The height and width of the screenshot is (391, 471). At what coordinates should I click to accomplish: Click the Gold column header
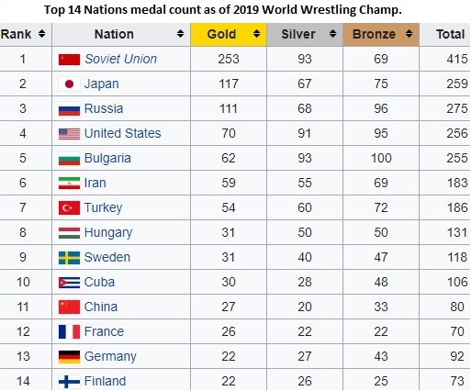[x=222, y=34]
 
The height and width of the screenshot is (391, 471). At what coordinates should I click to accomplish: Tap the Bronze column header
[x=380, y=34]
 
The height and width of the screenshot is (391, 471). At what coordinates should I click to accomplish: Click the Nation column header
[x=114, y=34]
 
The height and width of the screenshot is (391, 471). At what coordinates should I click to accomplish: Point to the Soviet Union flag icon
[x=69, y=60]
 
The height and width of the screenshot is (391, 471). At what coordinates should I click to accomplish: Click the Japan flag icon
[x=69, y=84]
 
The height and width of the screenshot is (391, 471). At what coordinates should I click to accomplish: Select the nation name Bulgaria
[x=107, y=159]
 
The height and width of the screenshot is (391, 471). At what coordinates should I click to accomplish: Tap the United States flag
[x=69, y=134]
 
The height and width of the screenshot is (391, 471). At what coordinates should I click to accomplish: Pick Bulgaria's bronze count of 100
[x=380, y=159]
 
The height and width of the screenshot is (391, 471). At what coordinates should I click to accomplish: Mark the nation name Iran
[x=96, y=184]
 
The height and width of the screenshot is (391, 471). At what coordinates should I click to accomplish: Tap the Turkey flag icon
[x=69, y=208]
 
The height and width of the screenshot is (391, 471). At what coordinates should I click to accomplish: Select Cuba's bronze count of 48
[x=380, y=283]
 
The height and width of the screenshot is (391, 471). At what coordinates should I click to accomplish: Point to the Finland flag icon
[x=69, y=381]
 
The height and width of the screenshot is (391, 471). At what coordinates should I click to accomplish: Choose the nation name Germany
[x=110, y=356]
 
